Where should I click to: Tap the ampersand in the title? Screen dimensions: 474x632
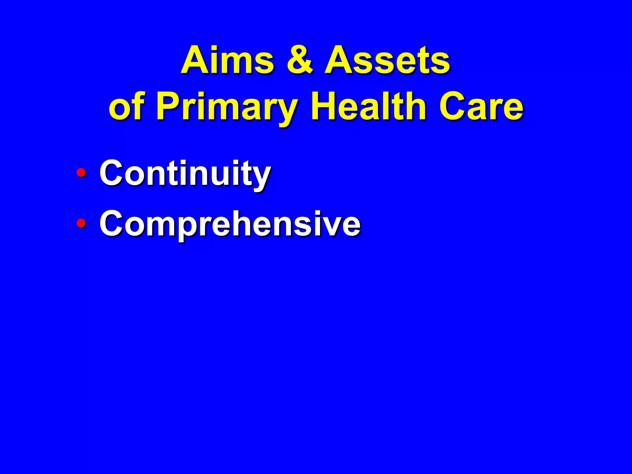coord(300,60)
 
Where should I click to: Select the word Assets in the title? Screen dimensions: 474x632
coord(388,60)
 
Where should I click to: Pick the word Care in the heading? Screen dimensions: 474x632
coord(481,107)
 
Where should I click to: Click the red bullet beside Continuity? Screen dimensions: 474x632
coord(81,173)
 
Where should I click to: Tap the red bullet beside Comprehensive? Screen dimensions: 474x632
coord(81,222)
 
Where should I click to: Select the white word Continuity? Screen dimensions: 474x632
coord(185,173)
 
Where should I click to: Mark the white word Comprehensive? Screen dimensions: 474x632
coord(230,223)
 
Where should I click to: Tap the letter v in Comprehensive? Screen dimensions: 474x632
coord(333,225)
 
